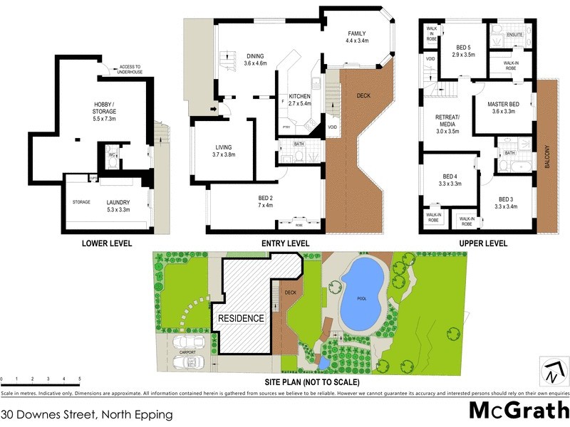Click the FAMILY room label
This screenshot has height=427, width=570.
tap(356, 33)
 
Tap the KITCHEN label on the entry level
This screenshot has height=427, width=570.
tap(299, 96)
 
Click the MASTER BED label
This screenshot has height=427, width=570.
tap(502, 105)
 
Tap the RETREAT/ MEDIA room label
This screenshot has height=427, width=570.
tap(448, 121)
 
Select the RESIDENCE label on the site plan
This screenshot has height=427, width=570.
tap(241, 318)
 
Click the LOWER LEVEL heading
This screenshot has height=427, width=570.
tap(107, 243)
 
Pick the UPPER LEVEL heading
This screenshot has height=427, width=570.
tap(482, 243)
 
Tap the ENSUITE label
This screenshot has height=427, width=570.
tap(515, 35)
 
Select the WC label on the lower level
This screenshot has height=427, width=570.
tap(112, 155)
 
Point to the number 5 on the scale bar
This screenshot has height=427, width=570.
tap(80, 379)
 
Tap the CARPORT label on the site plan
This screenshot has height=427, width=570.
tap(187, 352)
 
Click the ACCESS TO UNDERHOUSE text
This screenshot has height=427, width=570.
tap(130, 69)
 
